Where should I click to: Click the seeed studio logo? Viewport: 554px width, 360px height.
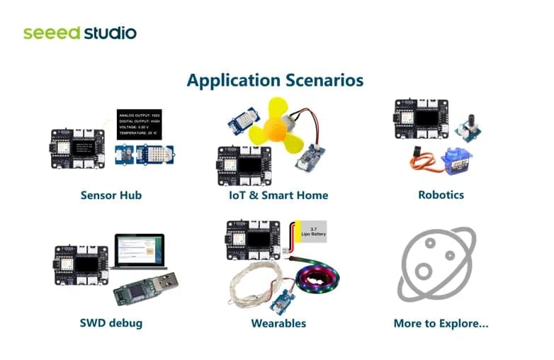pos(79,33)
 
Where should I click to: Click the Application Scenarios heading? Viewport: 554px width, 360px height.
pos(275,79)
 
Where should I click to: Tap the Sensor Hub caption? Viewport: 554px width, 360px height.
pos(111,195)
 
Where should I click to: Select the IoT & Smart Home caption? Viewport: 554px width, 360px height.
pos(278,195)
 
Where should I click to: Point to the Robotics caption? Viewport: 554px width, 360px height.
pos(441,194)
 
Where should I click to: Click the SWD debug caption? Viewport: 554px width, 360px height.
pos(111,323)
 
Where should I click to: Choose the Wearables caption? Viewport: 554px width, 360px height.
pos(278,323)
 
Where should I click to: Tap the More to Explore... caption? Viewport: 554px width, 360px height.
pos(441,323)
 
